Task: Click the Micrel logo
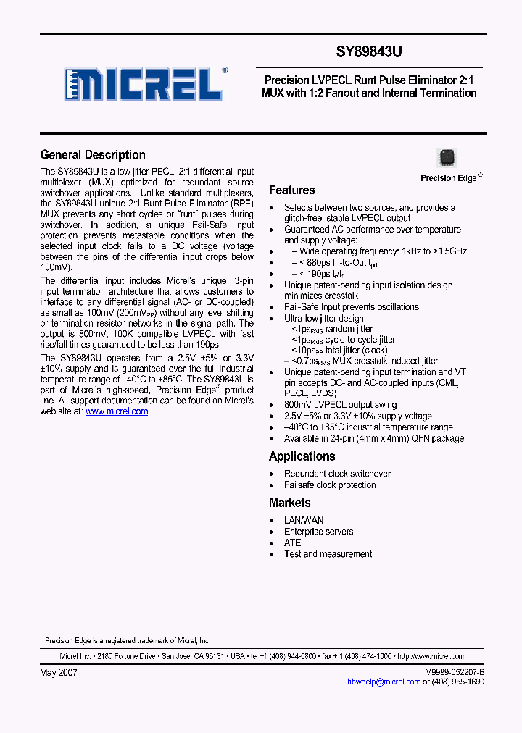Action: point(144,84)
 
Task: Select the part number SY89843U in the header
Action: point(370,53)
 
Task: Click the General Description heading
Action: point(93,155)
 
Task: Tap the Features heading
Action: point(291,190)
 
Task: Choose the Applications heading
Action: point(302,456)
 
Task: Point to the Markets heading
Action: point(289,503)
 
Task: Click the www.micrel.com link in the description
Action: point(117,411)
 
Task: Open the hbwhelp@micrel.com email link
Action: point(384,682)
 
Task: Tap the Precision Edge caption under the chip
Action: point(449,178)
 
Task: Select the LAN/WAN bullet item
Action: point(304,520)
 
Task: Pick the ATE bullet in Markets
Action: point(292,543)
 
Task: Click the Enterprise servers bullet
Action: point(318,532)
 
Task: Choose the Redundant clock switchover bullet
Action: point(337,474)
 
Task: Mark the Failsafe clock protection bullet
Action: point(330,485)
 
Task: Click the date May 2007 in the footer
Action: point(58,672)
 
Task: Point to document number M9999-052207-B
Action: point(454,673)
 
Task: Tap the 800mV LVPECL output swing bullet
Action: point(340,405)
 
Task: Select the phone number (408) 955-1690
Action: point(454,682)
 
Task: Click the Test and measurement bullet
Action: point(328,554)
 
